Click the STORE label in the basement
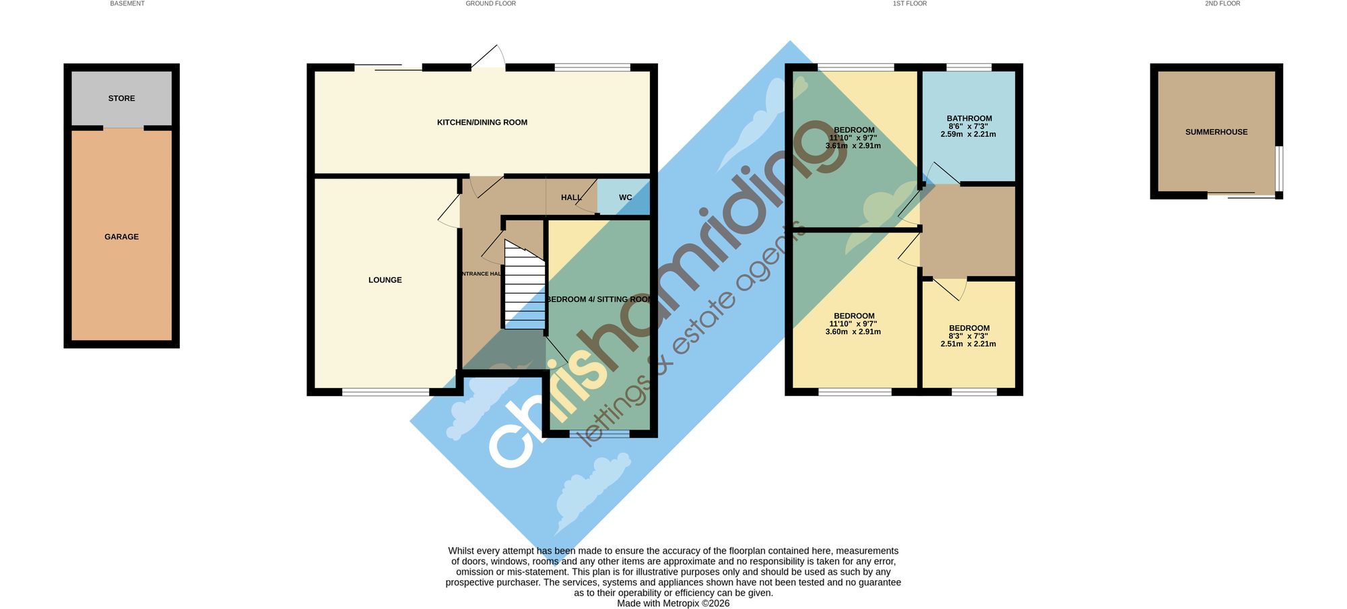(x=121, y=98)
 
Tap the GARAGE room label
(x=121, y=237)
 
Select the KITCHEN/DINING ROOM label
(x=482, y=123)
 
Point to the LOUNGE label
(x=385, y=280)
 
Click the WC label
(x=626, y=198)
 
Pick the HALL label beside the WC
(x=571, y=198)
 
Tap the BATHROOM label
(x=969, y=119)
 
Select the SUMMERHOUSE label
(x=1216, y=132)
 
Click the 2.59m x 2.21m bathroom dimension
(x=968, y=134)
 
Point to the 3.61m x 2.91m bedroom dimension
(x=853, y=146)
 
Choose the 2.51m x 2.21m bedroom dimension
(x=968, y=344)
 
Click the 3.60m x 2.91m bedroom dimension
(x=853, y=331)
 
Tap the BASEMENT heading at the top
(x=127, y=3)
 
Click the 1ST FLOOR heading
(x=910, y=3)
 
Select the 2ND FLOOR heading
(x=1222, y=3)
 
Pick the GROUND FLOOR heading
(x=491, y=3)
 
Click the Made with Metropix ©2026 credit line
(x=673, y=604)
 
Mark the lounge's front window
(x=385, y=391)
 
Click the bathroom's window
(x=968, y=67)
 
